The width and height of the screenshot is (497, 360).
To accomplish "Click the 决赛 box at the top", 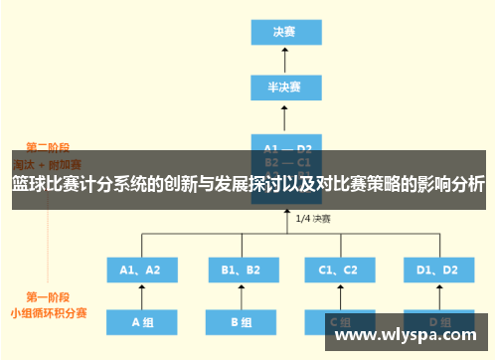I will (284, 31).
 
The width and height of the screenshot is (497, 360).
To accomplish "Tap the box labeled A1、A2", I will (140, 270).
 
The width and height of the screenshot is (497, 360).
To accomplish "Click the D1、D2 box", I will (437, 270).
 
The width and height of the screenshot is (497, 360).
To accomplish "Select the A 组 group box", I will (140, 322).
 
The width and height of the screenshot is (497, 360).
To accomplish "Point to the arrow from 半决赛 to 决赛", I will (284, 59).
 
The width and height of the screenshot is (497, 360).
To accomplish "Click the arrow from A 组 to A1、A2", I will (140, 296).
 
